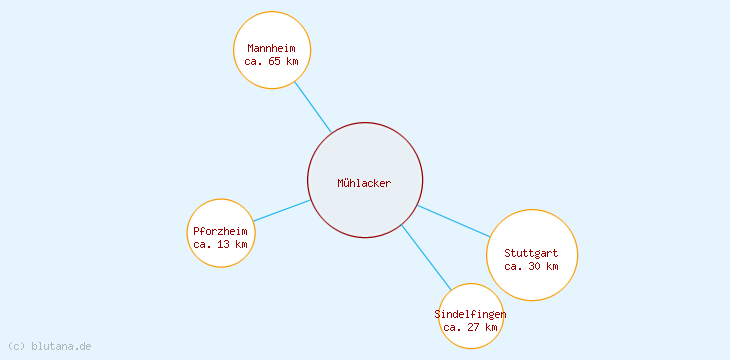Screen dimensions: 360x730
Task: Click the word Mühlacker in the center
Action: tap(365, 183)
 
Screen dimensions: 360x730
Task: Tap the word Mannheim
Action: tap(272, 48)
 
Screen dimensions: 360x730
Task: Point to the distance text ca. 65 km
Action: tap(272, 61)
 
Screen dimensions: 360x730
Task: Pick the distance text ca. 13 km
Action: tap(220, 244)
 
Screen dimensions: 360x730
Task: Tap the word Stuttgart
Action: tap(532, 253)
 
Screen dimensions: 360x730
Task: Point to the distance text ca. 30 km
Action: tap(532, 266)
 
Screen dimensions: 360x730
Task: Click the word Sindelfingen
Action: tap(470, 314)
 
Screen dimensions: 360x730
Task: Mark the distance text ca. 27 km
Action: tap(470, 327)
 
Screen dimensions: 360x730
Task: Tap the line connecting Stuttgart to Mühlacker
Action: tap(454, 221)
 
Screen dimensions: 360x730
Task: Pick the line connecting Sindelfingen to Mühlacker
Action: tap(426, 257)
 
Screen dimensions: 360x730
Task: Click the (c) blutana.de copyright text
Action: tap(50, 346)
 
